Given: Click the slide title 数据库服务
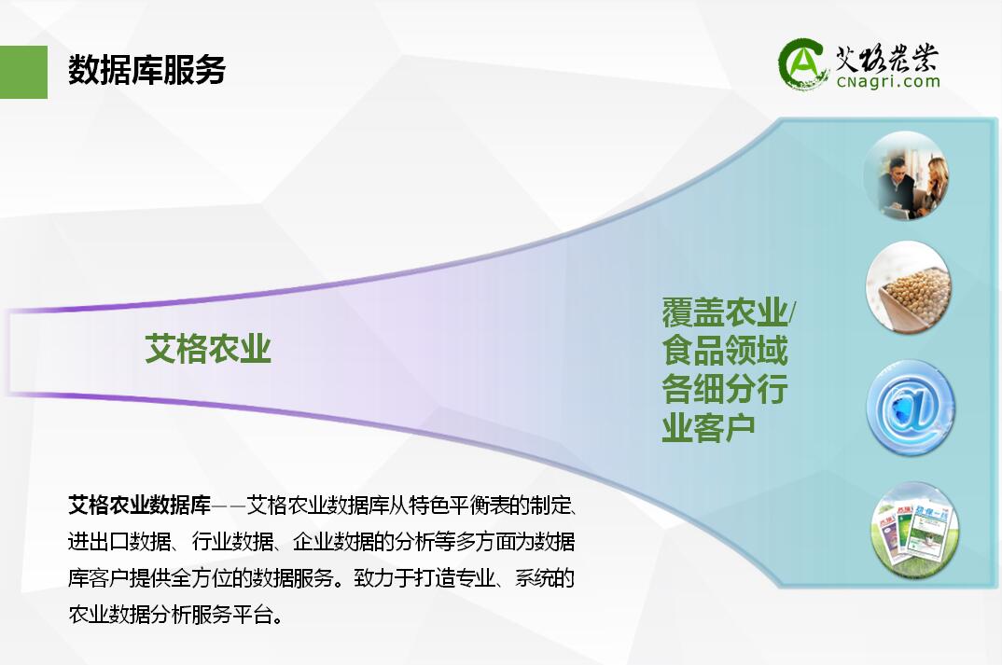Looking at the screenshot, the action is [146, 70].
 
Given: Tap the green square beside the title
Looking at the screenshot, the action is [23, 72].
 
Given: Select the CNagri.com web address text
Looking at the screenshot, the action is [888, 81].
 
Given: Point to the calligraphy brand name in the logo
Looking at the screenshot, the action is [887, 59].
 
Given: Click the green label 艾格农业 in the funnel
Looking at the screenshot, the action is [208, 349].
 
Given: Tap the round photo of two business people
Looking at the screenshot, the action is [906, 176].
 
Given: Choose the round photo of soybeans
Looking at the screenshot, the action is [909, 287].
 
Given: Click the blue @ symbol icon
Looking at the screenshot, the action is [911, 408].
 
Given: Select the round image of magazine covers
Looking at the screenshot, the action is [913, 530].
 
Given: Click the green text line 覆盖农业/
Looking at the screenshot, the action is [729, 312].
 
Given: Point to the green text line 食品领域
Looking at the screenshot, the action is [725, 350].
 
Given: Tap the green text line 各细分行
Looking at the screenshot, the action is [725, 388].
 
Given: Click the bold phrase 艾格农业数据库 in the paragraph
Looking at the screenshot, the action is [139, 506].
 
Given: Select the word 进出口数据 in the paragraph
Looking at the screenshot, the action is [119, 542].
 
